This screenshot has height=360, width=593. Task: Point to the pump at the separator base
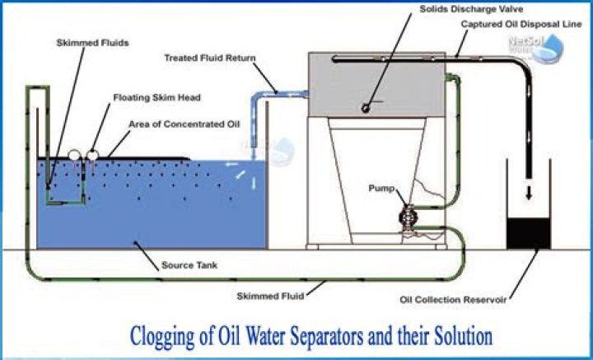point(407,219)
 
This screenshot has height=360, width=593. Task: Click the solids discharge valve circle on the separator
point(365,108)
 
